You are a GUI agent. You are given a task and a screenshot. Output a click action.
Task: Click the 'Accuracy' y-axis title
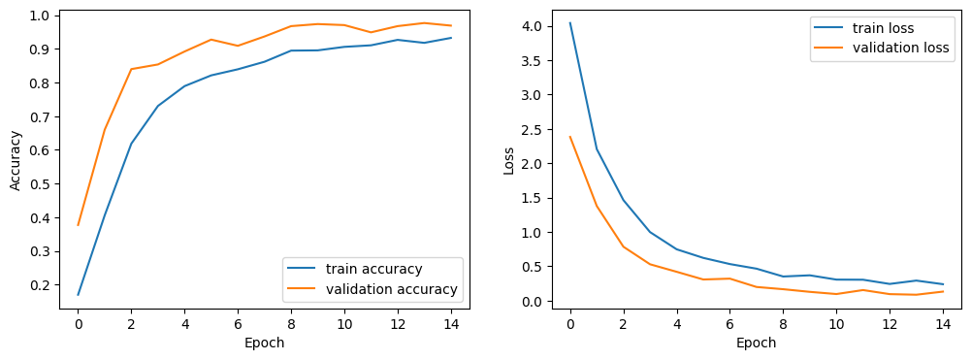[x=16, y=160]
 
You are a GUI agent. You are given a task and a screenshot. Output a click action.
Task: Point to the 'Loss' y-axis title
[x=509, y=160]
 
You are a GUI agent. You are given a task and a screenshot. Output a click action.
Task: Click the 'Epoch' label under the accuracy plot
[x=265, y=343]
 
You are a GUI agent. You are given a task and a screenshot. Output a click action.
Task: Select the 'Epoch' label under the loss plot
[x=757, y=343]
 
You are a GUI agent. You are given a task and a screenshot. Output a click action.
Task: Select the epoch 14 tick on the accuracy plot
[x=450, y=323]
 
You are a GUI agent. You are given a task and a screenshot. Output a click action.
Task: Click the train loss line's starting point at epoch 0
[x=570, y=23]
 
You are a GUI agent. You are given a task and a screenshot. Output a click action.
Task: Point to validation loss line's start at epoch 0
[x=570, y=137]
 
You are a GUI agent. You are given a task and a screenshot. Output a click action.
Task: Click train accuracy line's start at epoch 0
[x=79, y=295]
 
